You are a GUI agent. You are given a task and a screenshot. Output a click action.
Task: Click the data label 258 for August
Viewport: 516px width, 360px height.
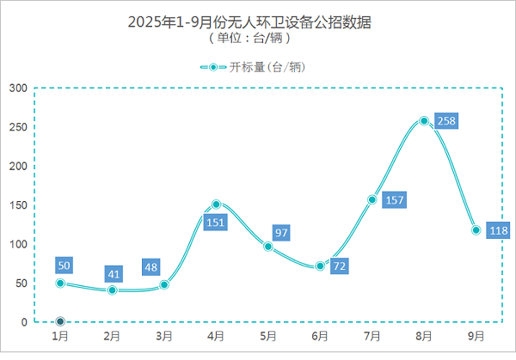tap(446, 121)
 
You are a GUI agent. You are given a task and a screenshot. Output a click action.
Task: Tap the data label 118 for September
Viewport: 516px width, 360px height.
tap(498, 230)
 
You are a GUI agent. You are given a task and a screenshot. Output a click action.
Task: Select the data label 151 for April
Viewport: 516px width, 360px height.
tap(216, 223)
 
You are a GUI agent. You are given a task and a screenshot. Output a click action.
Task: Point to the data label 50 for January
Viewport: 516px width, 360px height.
tap(64, 265)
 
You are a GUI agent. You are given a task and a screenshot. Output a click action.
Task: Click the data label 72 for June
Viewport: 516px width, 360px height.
tap(340, 266)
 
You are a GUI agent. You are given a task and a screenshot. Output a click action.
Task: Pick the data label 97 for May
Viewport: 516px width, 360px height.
tap(280, 234)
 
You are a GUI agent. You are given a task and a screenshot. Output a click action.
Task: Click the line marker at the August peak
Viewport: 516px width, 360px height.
tap(424, 121)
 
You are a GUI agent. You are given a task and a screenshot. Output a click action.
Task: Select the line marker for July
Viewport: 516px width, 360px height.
tap(372, 200)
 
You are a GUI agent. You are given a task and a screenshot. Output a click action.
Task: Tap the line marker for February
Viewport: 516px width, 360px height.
tap(112, 290)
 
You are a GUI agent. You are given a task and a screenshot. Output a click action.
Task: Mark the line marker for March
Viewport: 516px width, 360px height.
tap(164, 284)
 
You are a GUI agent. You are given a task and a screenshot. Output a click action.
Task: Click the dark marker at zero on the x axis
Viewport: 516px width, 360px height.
tap(60, 322)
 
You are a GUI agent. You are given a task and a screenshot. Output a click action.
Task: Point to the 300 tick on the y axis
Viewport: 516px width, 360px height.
tap(17, 88)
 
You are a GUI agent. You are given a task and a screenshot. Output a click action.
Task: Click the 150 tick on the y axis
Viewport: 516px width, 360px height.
tap(17, 205)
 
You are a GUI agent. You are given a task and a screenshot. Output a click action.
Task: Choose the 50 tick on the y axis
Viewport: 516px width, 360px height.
tap(20, 284)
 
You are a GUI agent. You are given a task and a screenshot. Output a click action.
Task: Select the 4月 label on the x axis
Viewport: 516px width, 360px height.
tap(216, 336)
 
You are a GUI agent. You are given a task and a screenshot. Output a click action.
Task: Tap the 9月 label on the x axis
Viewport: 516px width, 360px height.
tap(476, 336)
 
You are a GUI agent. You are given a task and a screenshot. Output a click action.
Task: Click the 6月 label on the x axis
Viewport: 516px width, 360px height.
tap(320, 336)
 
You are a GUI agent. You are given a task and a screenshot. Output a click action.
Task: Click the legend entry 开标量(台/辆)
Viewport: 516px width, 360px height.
tap(255, 67)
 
